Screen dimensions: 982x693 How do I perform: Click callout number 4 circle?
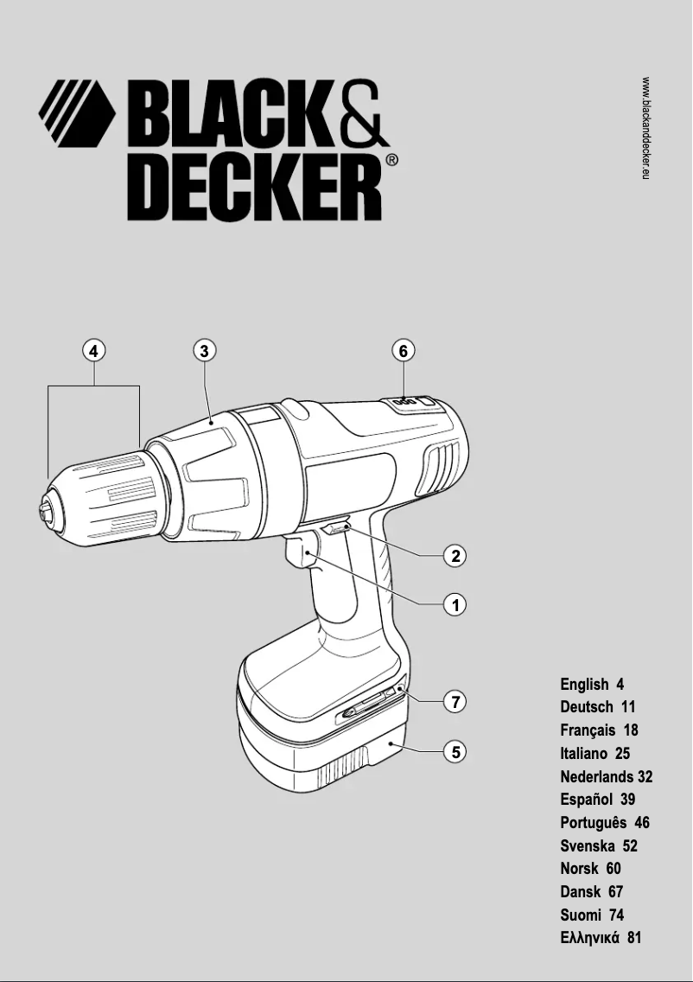[93, 350]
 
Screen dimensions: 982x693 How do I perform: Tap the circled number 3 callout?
[203, 350]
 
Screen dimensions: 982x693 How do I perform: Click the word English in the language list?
[584, 685]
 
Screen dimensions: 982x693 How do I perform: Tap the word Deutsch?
[587, 707]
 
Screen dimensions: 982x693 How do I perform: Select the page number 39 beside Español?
[626, 800]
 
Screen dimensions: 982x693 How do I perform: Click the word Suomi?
[580, 915]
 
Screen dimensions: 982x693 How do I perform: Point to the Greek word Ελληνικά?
[590, 938]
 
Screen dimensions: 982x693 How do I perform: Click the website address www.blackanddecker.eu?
[645, 128]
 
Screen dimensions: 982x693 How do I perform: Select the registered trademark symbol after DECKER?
[391, 160]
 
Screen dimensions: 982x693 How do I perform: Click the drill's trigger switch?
[298, 553]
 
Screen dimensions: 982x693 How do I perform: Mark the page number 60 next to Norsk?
[614, 869]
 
